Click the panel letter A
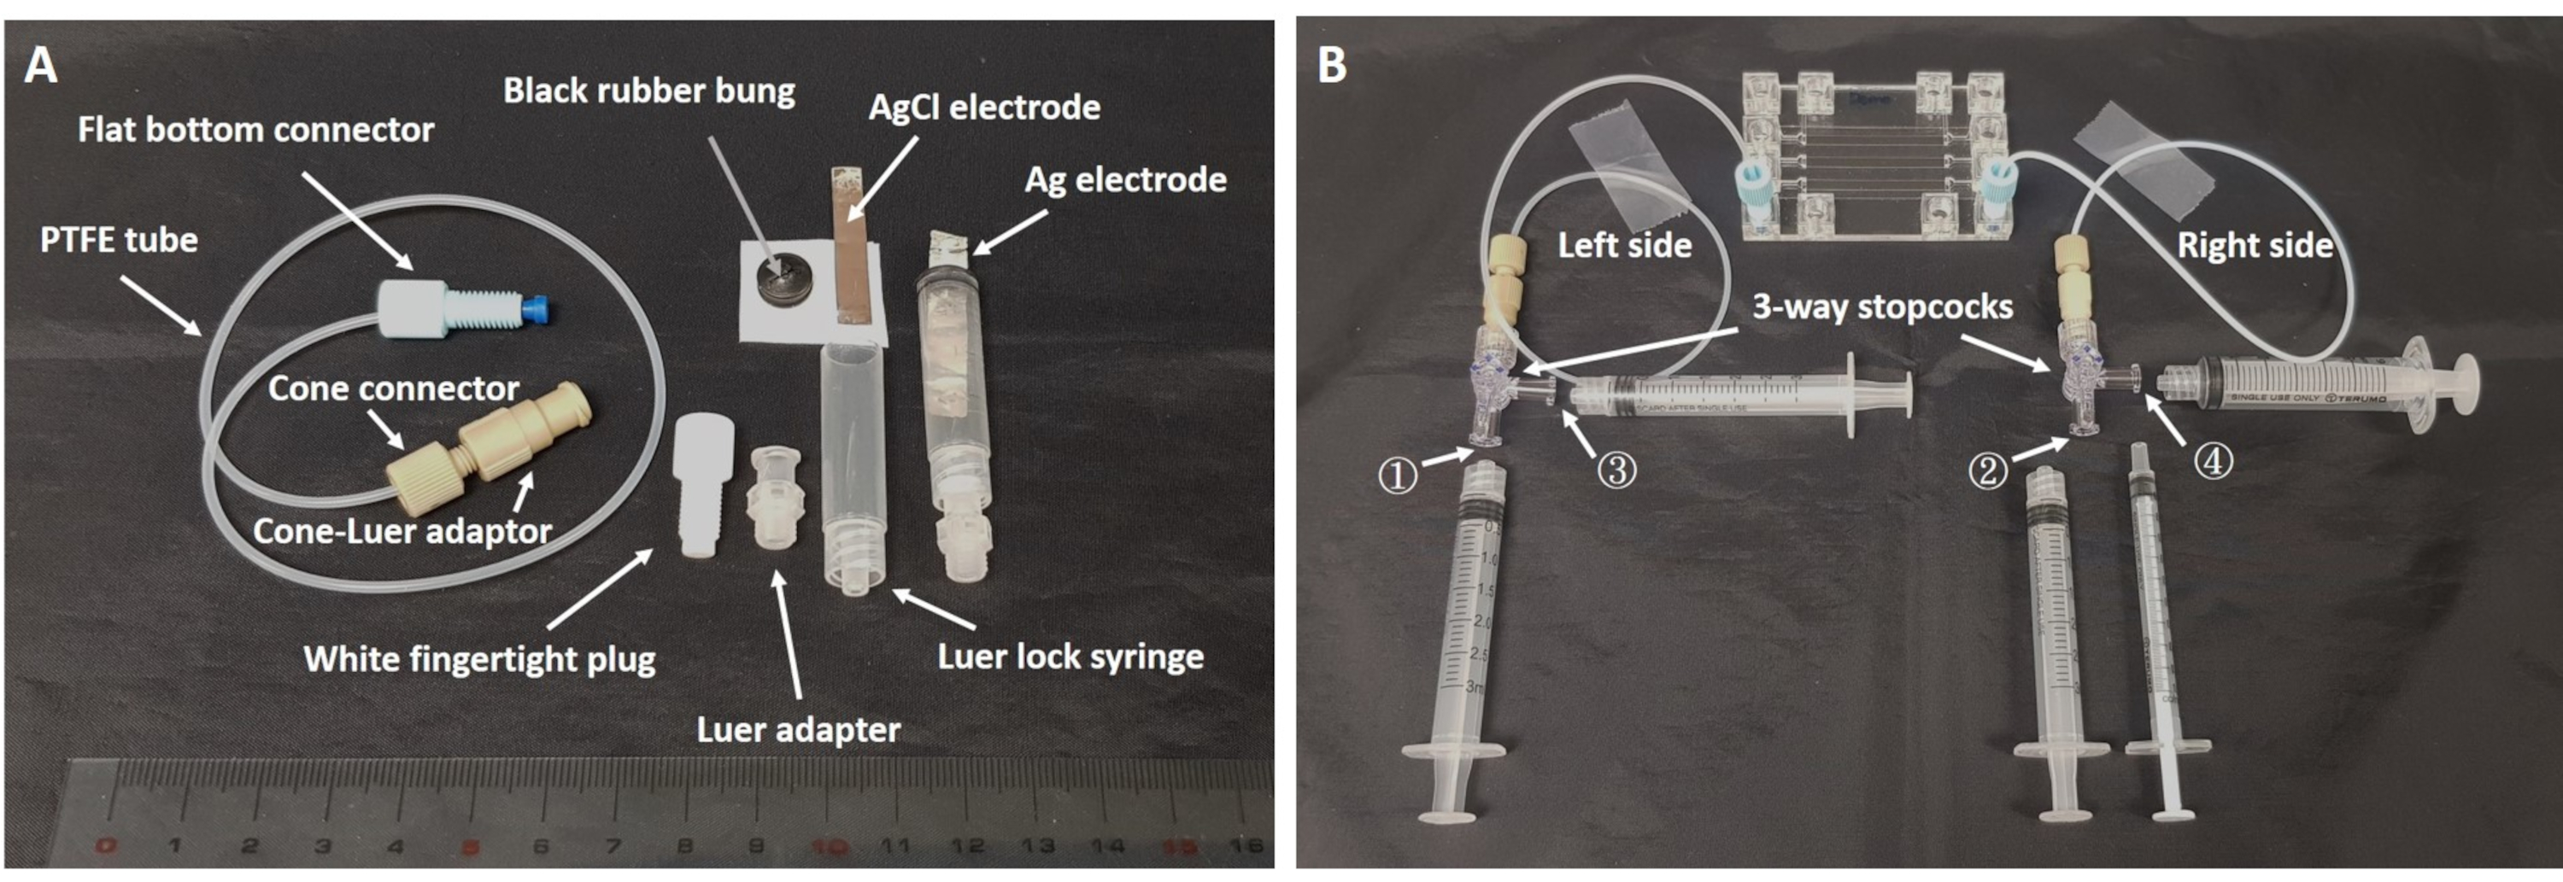click(x=41, y=66)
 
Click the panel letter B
click(x=1331, y=66)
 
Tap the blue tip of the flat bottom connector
click(x=539, y=309)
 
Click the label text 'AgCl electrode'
click(x=984, y=108)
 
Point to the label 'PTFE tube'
click(x=119, y=240)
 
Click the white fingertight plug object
click(x=703, y=483)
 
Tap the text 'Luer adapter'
click(x=798, y=730)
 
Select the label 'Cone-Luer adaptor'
click(x=402, y=531)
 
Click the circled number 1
click(x=1397, y=475)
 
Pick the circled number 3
click(x=1616, y=470)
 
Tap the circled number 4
click(x=2213, y=460)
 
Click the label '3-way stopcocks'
click(x=1882, y=307)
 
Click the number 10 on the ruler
click(x=829, y=847)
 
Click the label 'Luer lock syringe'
click(x=1070, y=657)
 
